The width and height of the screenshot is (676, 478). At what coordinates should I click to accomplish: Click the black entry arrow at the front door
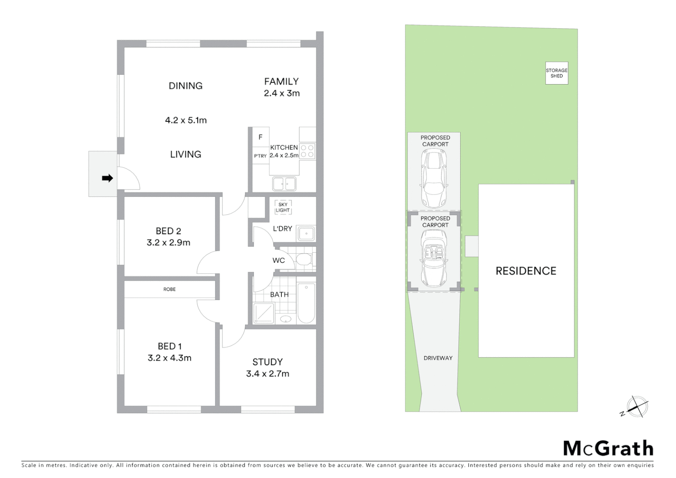pos(107,178)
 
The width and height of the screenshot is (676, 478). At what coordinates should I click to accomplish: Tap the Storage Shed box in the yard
pos(557,73)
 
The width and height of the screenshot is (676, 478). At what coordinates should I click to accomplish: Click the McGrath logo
pos(608,448)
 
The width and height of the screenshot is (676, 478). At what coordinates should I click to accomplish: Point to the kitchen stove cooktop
pos(307,151)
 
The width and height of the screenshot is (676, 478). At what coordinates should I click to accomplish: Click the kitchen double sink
pos(284,183)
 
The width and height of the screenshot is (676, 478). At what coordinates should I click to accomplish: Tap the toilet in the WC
pos(303,259)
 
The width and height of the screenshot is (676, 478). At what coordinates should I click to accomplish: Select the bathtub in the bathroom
pos(306,303)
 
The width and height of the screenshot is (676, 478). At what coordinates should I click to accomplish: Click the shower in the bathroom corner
pos(263,313)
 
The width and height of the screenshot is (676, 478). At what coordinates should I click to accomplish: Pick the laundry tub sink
pos(306,233)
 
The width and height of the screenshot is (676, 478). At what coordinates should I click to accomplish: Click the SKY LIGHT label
pos(283,208)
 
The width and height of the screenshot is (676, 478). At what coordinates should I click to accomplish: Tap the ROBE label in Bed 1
pos(169,289)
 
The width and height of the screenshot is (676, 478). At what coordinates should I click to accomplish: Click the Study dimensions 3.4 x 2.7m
pos(268,374)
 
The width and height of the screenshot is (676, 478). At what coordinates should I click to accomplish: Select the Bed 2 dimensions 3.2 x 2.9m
pos(169,243)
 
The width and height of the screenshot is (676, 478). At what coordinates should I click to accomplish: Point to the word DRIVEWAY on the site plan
pos(438,358)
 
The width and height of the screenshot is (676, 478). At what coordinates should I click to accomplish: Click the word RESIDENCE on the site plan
pos(526,271)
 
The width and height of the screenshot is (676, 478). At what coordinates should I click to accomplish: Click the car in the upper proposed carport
pos(434,178)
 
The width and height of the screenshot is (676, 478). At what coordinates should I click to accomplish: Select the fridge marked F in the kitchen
pos(261,137)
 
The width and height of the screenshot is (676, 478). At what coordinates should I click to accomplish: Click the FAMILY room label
pos(281,81)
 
